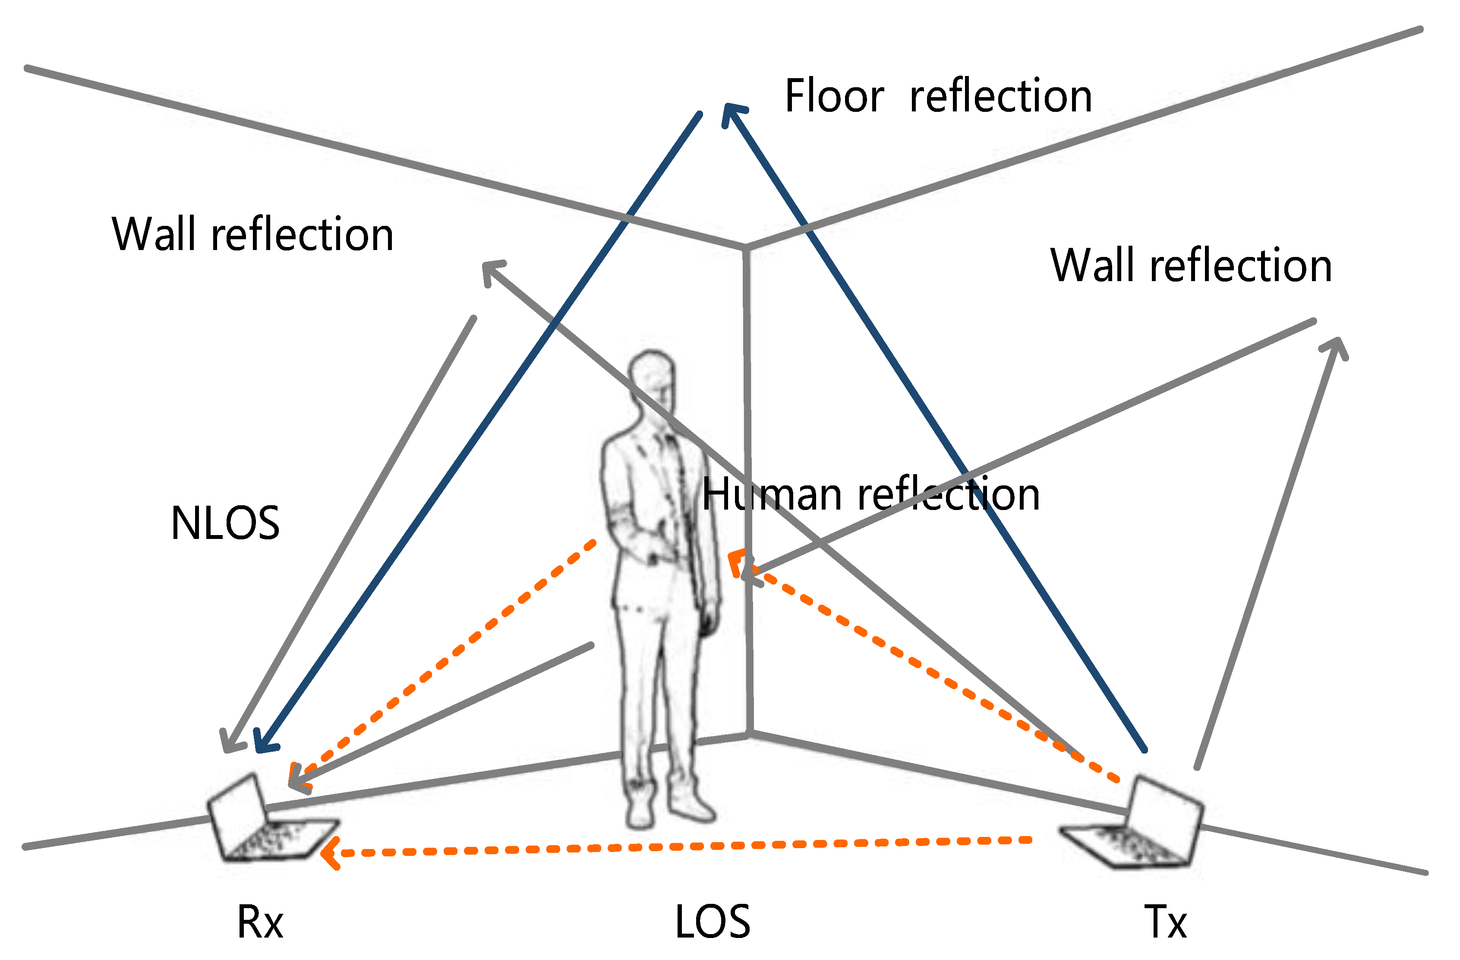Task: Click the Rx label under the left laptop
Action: pyautogui.click(x=260, y=922)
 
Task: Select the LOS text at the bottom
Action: pyautogui.click(x=712, y=922)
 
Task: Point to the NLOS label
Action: pyautogui.click(x=225, y=523)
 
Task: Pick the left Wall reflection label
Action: pyautogui.click(x=252, y=234)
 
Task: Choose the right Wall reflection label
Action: pyautogui.click(x=1191, y=266)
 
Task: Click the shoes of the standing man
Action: pyautogui.click(x=669, y=807)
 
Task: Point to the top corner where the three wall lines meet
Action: pyautogui.click(x=745, y=247)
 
